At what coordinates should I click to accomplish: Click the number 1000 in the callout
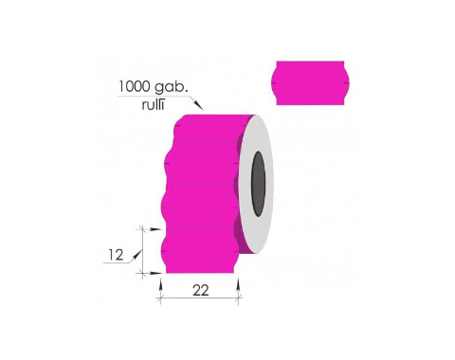[134, 86]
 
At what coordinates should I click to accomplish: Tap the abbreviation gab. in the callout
[171, 87]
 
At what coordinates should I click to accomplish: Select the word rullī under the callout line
[153, 104]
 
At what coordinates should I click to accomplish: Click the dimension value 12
[116, 255]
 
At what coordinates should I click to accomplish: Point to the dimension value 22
[201, 290]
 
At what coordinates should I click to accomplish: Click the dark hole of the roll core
[259, 184]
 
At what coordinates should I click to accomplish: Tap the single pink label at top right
[310, 83]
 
